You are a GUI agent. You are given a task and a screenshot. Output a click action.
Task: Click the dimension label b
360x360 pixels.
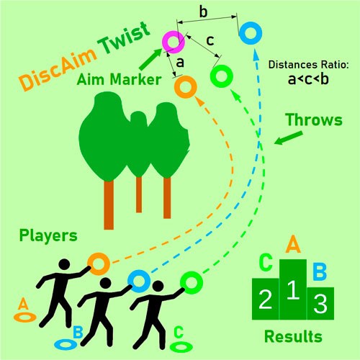203,12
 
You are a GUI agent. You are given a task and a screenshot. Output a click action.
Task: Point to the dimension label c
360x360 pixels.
210,40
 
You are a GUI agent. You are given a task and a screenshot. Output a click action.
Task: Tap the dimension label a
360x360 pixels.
180,63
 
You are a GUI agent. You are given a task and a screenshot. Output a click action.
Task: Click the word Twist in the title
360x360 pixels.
124,38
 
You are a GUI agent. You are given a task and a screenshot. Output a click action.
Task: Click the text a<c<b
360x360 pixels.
308,79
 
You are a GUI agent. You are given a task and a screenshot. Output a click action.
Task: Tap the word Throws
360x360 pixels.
314,120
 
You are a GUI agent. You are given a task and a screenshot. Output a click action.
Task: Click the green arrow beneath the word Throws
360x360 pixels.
288,138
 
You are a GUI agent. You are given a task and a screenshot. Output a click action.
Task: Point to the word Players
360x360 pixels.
48,236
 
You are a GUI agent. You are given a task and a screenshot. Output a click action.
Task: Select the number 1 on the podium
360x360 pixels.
293,290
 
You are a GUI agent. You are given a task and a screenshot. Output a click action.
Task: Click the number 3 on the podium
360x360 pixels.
320,304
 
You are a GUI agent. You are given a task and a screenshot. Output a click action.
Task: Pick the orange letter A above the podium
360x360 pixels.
293,244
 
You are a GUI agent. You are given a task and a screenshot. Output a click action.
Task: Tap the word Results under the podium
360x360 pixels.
293,336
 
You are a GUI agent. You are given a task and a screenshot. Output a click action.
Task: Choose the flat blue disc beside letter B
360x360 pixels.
55,344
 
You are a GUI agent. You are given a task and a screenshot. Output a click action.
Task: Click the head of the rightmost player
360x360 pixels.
158,287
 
